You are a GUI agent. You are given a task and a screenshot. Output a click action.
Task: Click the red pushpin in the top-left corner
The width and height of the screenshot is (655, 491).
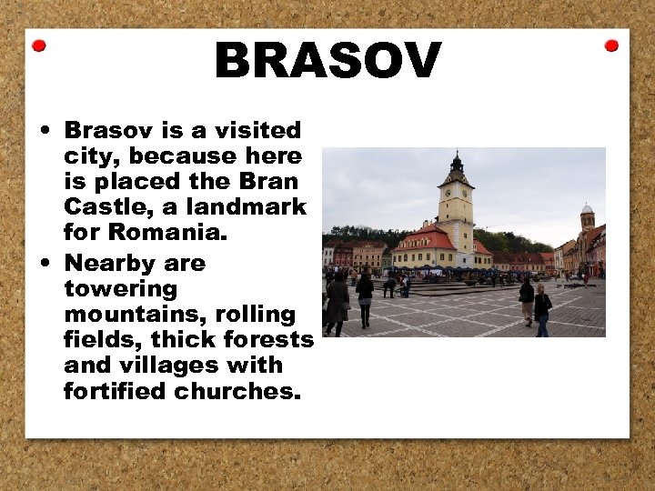39,45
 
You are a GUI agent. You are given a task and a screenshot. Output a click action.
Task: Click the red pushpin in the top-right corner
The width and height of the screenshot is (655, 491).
611,45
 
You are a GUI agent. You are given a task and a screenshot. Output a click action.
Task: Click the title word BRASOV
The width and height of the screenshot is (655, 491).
327,62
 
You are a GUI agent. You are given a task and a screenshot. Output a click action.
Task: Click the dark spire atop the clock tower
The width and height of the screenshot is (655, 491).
456,164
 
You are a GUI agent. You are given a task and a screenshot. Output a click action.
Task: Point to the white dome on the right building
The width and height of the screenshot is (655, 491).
587,209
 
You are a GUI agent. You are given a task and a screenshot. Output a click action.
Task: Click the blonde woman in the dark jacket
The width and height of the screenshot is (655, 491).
542,309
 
